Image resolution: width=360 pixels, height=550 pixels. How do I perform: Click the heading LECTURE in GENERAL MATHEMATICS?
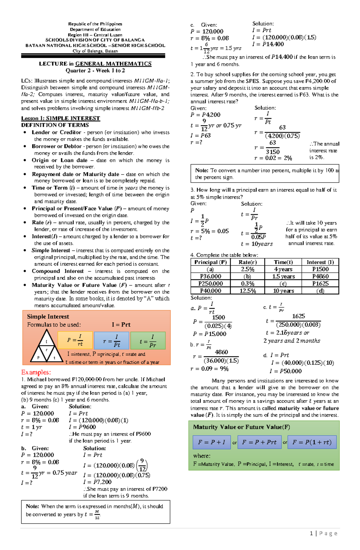95,64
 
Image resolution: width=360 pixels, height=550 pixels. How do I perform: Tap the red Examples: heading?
36,372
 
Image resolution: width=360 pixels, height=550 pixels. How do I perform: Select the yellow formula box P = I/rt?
75,340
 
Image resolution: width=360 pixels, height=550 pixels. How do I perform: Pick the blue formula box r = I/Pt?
111,340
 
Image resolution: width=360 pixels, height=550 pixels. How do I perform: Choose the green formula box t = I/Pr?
148,340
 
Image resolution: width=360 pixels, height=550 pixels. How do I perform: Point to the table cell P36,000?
210,276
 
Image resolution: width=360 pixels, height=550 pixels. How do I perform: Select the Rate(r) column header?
247,262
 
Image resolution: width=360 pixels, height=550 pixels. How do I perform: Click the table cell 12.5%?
247,291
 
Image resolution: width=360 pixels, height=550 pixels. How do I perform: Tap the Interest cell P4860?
320,276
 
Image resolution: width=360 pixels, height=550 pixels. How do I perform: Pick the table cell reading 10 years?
283,291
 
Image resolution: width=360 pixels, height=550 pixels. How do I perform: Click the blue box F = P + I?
211,442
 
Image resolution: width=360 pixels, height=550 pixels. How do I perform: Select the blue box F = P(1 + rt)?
312,442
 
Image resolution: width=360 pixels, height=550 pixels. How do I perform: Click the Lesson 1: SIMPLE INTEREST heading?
60,118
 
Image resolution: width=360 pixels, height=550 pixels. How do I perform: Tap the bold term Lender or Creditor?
56,132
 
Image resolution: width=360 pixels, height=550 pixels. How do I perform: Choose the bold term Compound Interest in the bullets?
58,271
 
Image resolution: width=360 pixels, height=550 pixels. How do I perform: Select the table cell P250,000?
210,284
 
